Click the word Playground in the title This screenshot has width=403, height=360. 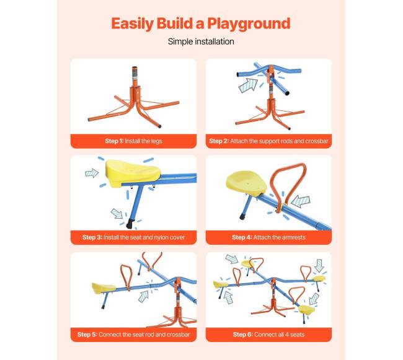tap(249, 24)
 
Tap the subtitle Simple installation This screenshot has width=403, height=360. tap(201, 42)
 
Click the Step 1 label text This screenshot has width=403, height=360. tap(114, 141)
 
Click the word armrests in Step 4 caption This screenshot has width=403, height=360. tap(292, 237)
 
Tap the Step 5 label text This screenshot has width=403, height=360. tap(87, 335)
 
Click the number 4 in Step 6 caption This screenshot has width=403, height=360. tap(287, 335)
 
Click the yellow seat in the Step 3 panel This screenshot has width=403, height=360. tap(133, 172)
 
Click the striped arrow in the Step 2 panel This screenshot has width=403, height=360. tap(248, 86)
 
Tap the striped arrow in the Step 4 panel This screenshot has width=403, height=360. tap(301, 201)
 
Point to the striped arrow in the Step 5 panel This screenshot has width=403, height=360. tap(143, 297)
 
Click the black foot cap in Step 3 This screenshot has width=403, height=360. tap(129, 225)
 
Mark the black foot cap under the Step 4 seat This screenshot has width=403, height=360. tap(242, 217)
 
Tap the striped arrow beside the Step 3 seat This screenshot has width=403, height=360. tap(92, 173)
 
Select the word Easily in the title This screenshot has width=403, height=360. tap(132, 24)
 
